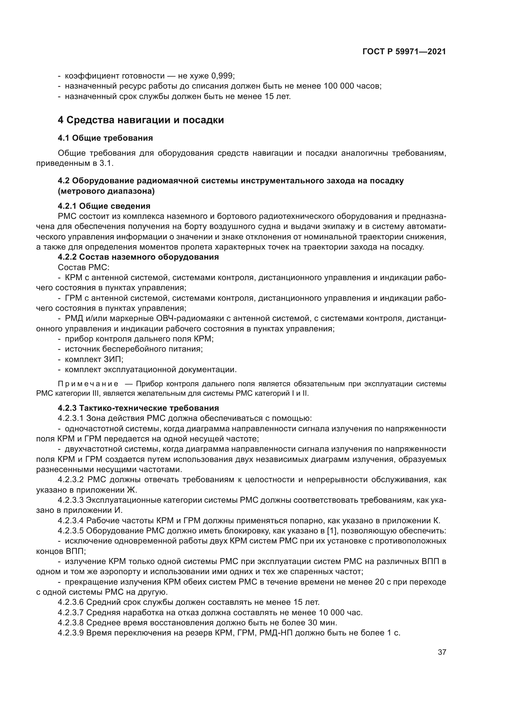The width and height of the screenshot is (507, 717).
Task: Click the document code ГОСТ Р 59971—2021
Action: [x=404, y=52]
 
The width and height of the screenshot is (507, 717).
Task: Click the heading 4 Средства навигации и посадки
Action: [x=141, y=120]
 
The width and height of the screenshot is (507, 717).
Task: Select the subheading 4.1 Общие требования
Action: [x=105, y=138]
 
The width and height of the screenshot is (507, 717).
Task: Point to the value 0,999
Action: [x=223, y=76]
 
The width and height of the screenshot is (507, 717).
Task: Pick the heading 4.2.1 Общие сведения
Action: [x=104, y=206]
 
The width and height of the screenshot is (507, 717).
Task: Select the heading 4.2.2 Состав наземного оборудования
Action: [x=138, y=257]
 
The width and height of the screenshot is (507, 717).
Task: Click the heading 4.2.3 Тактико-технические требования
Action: [x=138, y=408]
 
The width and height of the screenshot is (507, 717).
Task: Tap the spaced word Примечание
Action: [x=88, y=384]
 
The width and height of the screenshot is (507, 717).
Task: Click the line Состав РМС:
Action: [x=84, y=267]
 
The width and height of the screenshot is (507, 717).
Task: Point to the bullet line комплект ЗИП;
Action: [x=94, y=360]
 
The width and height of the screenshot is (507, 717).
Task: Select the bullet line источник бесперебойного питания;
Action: [x=134, y=349]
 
